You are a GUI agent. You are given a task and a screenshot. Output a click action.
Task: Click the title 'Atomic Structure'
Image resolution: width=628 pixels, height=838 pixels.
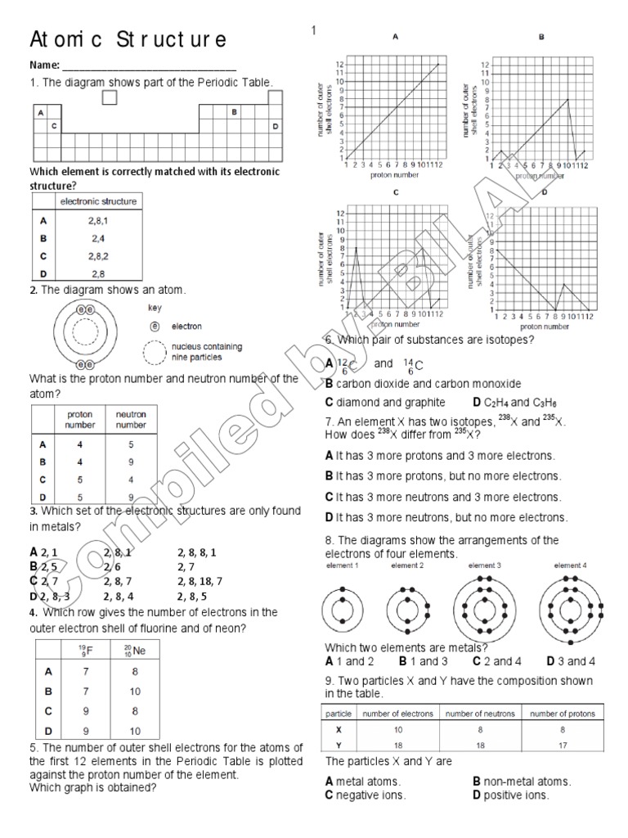128,40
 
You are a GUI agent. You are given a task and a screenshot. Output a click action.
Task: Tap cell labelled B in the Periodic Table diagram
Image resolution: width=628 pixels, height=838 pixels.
235,113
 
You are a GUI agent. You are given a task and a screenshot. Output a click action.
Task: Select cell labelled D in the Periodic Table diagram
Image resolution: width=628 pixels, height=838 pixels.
276,126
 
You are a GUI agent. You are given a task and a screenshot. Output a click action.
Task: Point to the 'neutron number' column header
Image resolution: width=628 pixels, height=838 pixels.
131,419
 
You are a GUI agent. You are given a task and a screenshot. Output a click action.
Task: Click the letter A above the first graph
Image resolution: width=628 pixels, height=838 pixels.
395,37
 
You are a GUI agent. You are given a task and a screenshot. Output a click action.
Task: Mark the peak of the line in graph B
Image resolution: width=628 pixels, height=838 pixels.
567,99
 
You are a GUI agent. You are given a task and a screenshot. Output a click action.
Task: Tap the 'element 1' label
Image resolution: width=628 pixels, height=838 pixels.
343,565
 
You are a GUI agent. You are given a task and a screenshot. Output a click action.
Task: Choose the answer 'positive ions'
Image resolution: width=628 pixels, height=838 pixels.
516,795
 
